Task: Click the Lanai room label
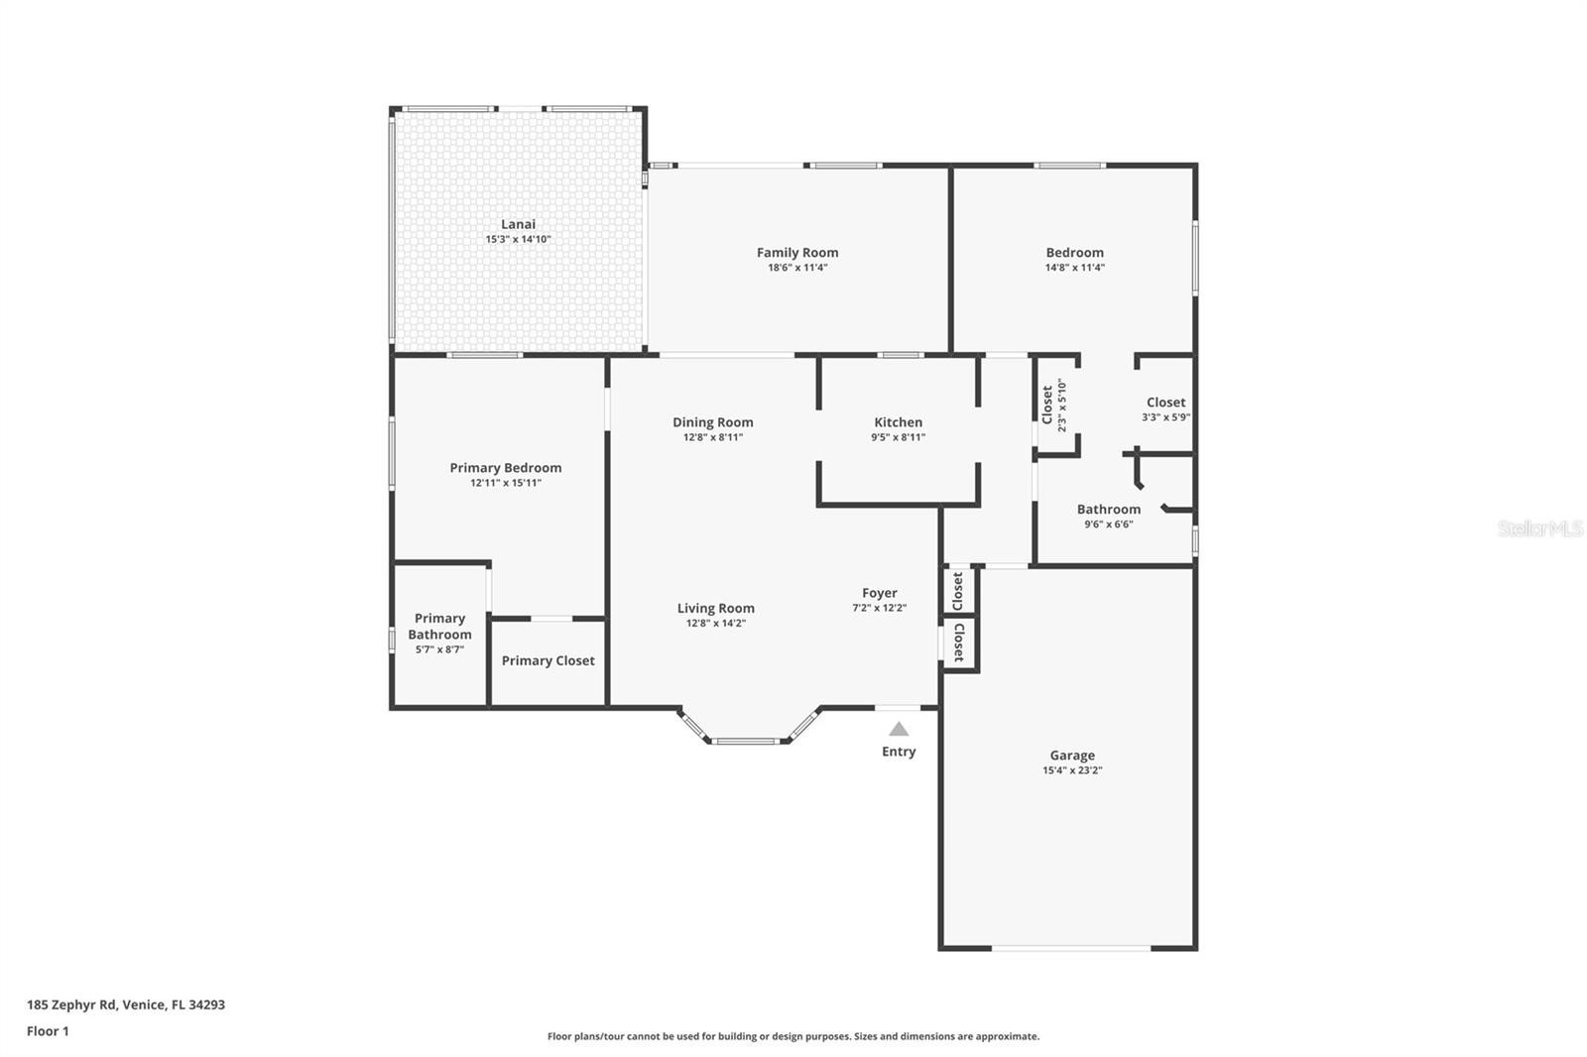pos(518,224)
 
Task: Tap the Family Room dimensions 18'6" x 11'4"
pos(797,267)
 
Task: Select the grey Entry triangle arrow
pos(899,728)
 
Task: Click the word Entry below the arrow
pos(899,751)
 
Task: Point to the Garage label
pos(1072,756)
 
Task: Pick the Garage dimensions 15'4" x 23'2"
pos(1072,770)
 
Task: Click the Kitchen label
pos(898,422)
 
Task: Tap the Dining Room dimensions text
pos(713,437)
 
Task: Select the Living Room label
pos(715,608)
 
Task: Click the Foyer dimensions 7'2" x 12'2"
pos(879,607)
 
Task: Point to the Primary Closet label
pos(549,661)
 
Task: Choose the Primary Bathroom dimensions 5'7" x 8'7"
pos(439,648)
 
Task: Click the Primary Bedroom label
pos(505,468)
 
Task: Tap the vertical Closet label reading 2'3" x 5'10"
pos(1053,406)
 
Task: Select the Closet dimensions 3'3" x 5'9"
pos(1165,417)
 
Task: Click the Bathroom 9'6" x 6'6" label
pos(1109,516)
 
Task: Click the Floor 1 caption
pos(49,1031)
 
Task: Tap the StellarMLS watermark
pos(1540,528)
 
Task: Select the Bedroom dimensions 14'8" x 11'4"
pos(1075,267)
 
